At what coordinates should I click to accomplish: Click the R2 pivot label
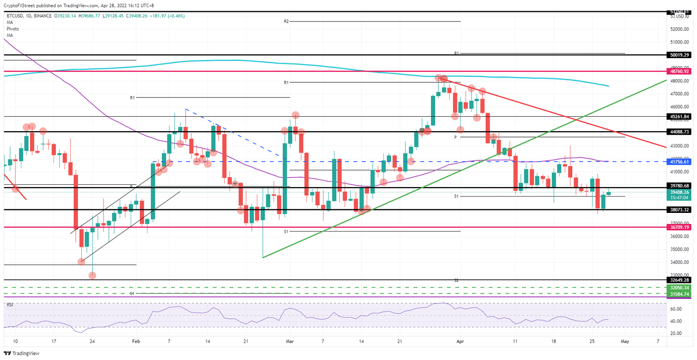tap(286, 21)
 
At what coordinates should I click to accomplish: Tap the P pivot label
tap(456, 137)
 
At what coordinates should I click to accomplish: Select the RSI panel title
tap(10, 305)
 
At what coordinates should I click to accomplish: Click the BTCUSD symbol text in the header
tap(15, 16)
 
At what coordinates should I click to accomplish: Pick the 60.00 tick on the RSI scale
tap(676, 309)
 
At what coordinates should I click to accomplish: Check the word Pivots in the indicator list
tap(14, 29)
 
